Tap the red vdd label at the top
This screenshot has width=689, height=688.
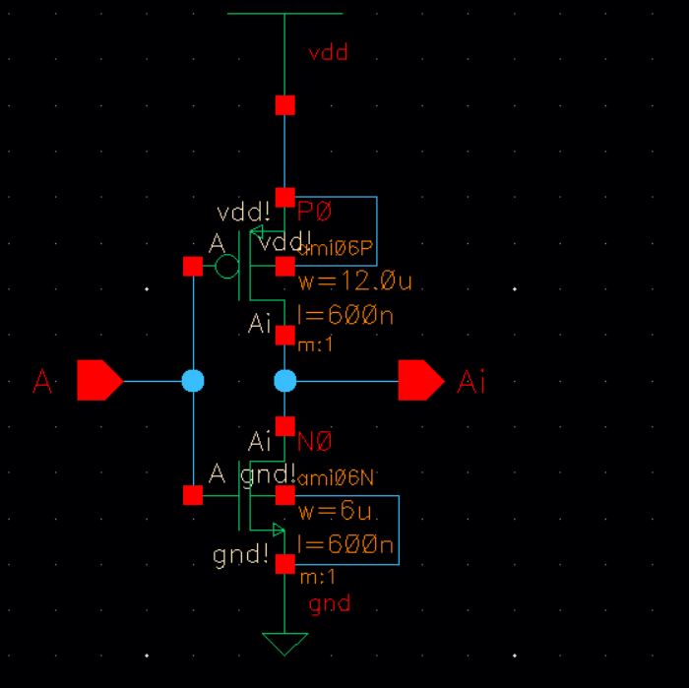pos(328,53)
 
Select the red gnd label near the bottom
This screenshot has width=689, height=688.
pos(329,603)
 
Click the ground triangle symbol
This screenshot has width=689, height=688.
pos(284,644)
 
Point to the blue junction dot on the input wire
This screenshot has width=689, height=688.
pos(193,380)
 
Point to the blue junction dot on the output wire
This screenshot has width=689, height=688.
pos(284,380)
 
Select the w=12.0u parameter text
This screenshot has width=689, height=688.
pos(354,283)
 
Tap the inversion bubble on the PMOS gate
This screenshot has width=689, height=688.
pos(226,266)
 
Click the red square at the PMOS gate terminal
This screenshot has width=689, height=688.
pos(193,266)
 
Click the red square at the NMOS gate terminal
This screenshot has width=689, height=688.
pos(193,495)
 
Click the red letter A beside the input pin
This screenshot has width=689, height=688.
pos(42,381)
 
